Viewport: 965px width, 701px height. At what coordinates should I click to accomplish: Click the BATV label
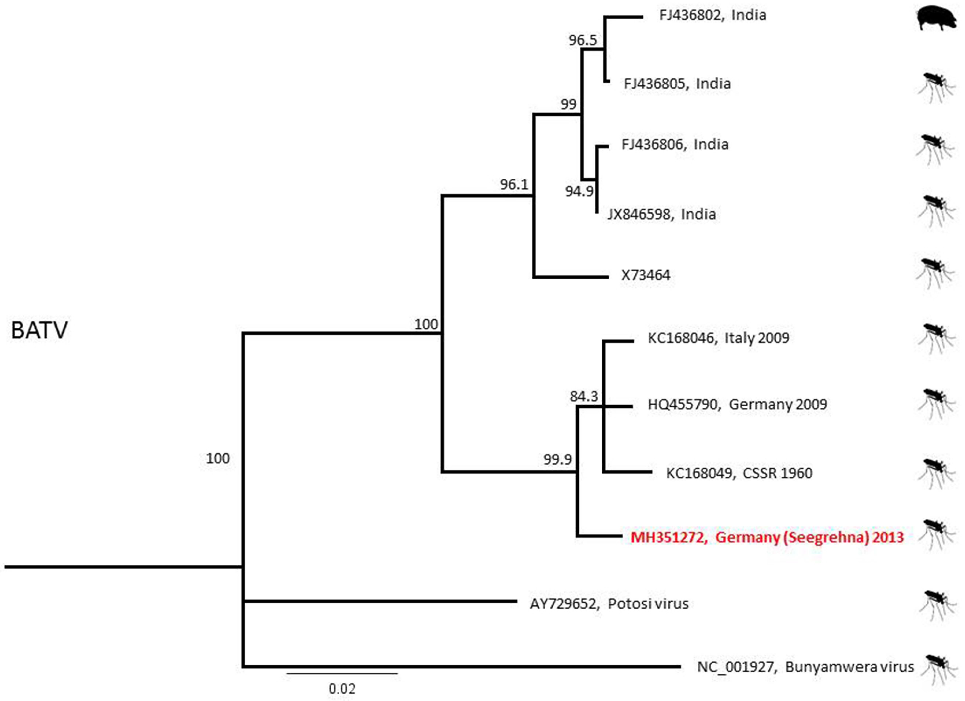pyautogui.click(x=39, y=330)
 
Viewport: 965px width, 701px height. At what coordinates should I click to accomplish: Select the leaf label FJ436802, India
pyautogui.click(x=713, y=15)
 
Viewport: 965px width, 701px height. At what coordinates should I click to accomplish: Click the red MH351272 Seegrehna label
pyautogui.click(x=767, y=537)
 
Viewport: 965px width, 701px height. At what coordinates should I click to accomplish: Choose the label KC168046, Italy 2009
pyautogui.click(x=718, y=338)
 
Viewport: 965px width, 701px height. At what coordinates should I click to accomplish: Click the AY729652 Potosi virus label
pyautogui.click(x=609, y=604)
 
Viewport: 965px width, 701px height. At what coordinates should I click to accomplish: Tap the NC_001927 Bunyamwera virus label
pyautogui.click(x=805, y=667)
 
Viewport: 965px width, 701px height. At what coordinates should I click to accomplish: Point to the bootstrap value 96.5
pyautogui.click(x=583, y=40)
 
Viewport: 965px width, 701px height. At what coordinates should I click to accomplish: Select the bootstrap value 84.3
pyautogui.click(x=584, y=397)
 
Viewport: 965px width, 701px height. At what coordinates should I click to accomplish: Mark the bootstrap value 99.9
pyautogui.click(x=557, y=460)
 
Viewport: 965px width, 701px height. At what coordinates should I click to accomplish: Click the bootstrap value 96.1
pyautogui.click(x=514, y=185)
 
